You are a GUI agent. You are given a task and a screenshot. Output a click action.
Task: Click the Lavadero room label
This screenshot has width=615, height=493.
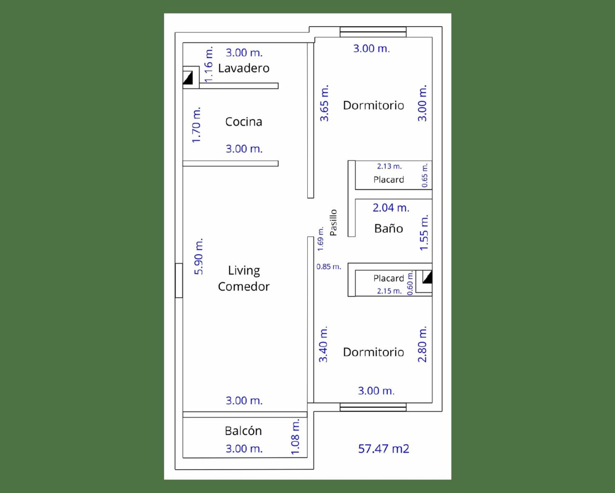[243, 68]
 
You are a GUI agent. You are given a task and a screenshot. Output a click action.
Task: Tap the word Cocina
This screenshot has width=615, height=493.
[243, 122]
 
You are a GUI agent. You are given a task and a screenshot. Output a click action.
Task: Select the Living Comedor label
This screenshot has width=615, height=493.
[243, 279]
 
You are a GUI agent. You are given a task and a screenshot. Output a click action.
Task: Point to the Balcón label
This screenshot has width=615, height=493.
[243, 431]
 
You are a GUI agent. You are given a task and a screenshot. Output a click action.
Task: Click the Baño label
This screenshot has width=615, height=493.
[389, 228]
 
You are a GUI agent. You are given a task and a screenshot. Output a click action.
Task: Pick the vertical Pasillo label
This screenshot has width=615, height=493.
[333, 223]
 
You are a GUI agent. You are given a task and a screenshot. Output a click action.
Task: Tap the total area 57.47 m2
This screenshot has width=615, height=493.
[384, 448]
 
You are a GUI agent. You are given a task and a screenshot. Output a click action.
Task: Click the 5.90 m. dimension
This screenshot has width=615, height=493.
[198, 256]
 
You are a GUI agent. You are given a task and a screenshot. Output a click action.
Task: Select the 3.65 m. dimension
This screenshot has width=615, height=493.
[324, 103]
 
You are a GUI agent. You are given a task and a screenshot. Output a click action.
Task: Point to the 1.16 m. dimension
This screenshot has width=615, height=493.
[208, 64]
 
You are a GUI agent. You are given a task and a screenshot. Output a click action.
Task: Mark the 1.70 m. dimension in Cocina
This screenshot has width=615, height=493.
[196, 125]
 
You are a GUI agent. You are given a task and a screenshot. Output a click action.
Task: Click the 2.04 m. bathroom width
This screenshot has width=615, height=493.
[391, 207]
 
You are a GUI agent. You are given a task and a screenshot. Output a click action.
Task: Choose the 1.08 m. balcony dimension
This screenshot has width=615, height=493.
[295, 436]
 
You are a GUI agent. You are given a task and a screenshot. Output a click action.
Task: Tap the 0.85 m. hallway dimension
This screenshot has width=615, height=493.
[329, 267]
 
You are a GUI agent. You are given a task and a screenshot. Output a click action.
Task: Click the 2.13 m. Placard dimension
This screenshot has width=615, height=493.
[389, 166]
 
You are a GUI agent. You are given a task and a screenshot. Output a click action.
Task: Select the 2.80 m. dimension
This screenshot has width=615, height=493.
[422, 344]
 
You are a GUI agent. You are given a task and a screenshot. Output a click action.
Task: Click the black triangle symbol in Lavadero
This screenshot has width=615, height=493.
[188, 78]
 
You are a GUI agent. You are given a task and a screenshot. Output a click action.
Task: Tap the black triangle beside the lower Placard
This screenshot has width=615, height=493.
[427, 277]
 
